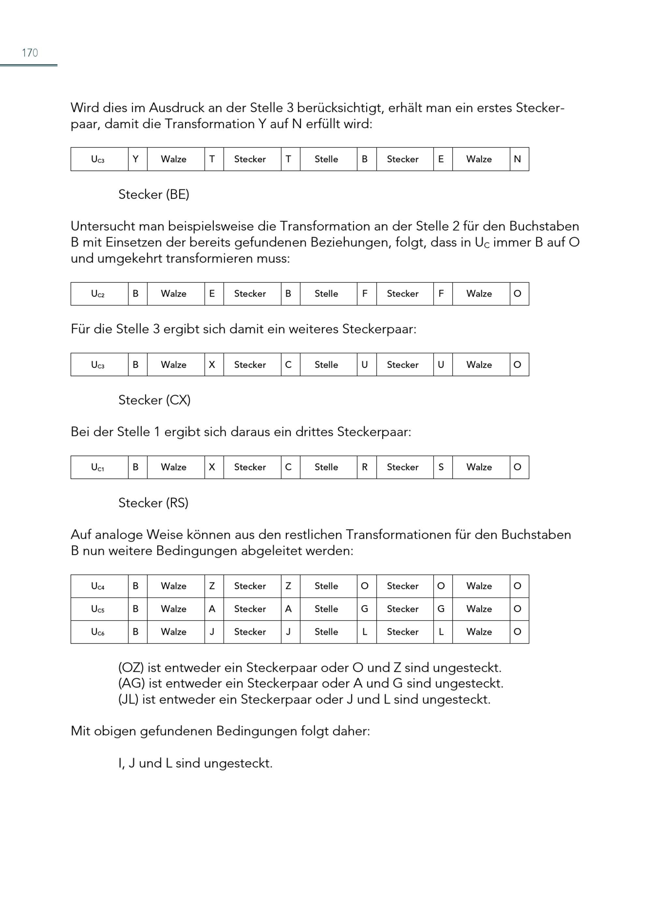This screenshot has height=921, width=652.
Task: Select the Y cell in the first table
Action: click(x=136, y=159)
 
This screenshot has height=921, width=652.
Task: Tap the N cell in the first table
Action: click(x=517, y=159)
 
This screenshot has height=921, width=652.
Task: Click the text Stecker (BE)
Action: click(x=154, y=194)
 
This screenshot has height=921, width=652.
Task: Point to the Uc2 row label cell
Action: click(x=97, y=294)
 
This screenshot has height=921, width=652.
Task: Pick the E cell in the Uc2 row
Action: click(x=212, y=294)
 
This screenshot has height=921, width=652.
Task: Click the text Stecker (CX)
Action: click(x=154, y=400)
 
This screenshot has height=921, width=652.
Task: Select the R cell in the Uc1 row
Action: click(x=364, y=467)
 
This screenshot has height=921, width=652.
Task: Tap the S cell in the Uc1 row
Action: click(x=441, y=467)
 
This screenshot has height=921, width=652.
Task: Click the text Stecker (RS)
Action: click(x=153, y=503)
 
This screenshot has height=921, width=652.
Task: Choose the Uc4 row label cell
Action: click(x=97, y=586)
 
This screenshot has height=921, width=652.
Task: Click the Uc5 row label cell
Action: click(x=97, y=609)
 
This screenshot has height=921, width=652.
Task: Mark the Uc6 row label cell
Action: click(x=97, y=632)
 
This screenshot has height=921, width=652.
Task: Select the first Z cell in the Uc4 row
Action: click(x=212, y=586)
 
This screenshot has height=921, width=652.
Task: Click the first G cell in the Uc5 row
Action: click(x=364, y=609)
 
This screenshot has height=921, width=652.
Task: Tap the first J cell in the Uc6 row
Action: click(x=212, y=632)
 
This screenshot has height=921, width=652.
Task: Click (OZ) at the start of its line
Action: click(x=131, y=668)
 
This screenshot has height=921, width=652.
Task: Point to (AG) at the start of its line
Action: click(x=131, y=683)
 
